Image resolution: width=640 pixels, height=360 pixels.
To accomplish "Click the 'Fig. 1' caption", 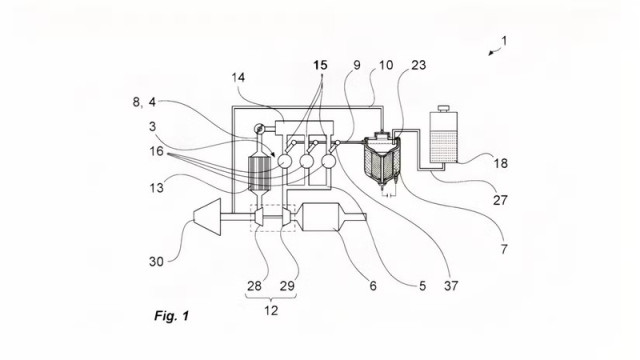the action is click(172, 316).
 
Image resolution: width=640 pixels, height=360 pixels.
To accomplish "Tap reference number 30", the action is click(156, 262).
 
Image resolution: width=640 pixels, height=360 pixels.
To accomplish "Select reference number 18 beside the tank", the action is click(500, 163).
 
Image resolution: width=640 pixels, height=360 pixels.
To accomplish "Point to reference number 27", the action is click(500, 200).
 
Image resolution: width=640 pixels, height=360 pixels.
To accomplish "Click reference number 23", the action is click(418, 65).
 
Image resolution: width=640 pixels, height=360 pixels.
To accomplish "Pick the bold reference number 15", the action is click(320, 65).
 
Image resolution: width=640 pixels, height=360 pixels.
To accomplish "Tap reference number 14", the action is click(238, 77).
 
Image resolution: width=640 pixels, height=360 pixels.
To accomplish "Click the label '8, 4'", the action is click(144, 102).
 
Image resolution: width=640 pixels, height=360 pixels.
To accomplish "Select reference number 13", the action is click(156, 188).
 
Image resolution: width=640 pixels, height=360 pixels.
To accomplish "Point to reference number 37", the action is click(451, 286).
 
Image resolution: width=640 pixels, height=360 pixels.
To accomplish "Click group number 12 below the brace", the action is click(271, 311).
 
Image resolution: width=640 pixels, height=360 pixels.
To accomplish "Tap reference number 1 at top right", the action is click(504, 41).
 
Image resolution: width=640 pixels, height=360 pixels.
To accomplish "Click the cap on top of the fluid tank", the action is click(444, 109).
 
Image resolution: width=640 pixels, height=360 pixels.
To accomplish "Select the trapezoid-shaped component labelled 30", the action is click(208, 217).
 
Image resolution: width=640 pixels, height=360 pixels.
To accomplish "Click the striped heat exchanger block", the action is click(260, 173).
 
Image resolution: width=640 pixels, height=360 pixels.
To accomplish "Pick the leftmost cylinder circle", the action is click(284, 161).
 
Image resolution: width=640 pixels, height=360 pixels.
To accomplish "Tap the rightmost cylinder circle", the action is click(328, 161).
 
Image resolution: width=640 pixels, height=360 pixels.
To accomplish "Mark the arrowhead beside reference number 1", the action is click(491, 53).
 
